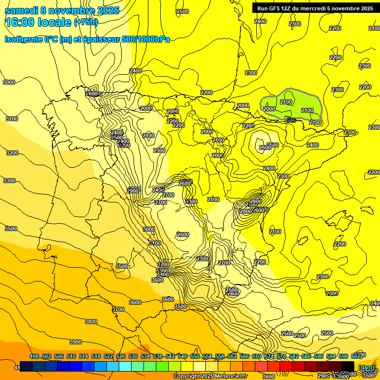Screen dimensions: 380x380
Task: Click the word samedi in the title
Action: point(21,10)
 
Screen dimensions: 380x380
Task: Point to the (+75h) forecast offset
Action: point(86,22)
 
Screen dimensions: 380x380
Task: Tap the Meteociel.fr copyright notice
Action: point(210,377)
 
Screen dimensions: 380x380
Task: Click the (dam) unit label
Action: point(366,367)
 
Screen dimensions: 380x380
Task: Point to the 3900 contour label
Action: point(75,342)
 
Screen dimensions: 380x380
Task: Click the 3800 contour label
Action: point(91,322)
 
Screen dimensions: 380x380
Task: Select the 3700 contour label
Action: point(118,309)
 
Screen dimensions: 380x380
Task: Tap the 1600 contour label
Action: point(92,94)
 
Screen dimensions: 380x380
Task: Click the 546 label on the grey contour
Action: point(290,120)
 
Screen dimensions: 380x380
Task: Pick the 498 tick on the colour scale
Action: point(34,357)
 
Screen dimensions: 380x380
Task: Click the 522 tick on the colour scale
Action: point(108,357)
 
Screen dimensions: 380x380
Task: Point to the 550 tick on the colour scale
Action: point(195,357)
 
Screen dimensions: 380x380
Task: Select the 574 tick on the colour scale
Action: point(269,357)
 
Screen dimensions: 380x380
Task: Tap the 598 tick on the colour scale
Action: point(343,357)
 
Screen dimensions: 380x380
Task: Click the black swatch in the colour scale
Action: point(348,367)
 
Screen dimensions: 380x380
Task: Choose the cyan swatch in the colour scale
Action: point(125,367)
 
